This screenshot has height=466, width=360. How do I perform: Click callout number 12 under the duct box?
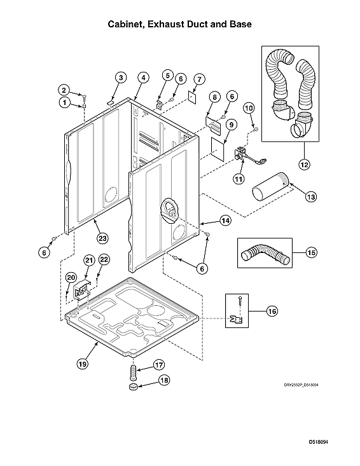coord(303,165)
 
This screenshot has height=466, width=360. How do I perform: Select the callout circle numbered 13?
coord(310,197)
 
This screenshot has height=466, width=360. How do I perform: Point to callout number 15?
coord(311,252)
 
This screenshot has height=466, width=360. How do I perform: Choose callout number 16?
coord(272,311)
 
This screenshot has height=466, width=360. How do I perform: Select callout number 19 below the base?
coord(82,364)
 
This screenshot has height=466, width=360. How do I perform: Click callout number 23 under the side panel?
coord(100,238)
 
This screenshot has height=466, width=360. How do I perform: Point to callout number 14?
coord(225,221)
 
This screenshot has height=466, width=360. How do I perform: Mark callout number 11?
coord(238,179)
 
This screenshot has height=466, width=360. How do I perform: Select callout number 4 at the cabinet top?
coord(144,78)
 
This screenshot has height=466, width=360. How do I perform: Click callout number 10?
coord(249,108)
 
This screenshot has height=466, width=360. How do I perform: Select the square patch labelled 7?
coord(191,95)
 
